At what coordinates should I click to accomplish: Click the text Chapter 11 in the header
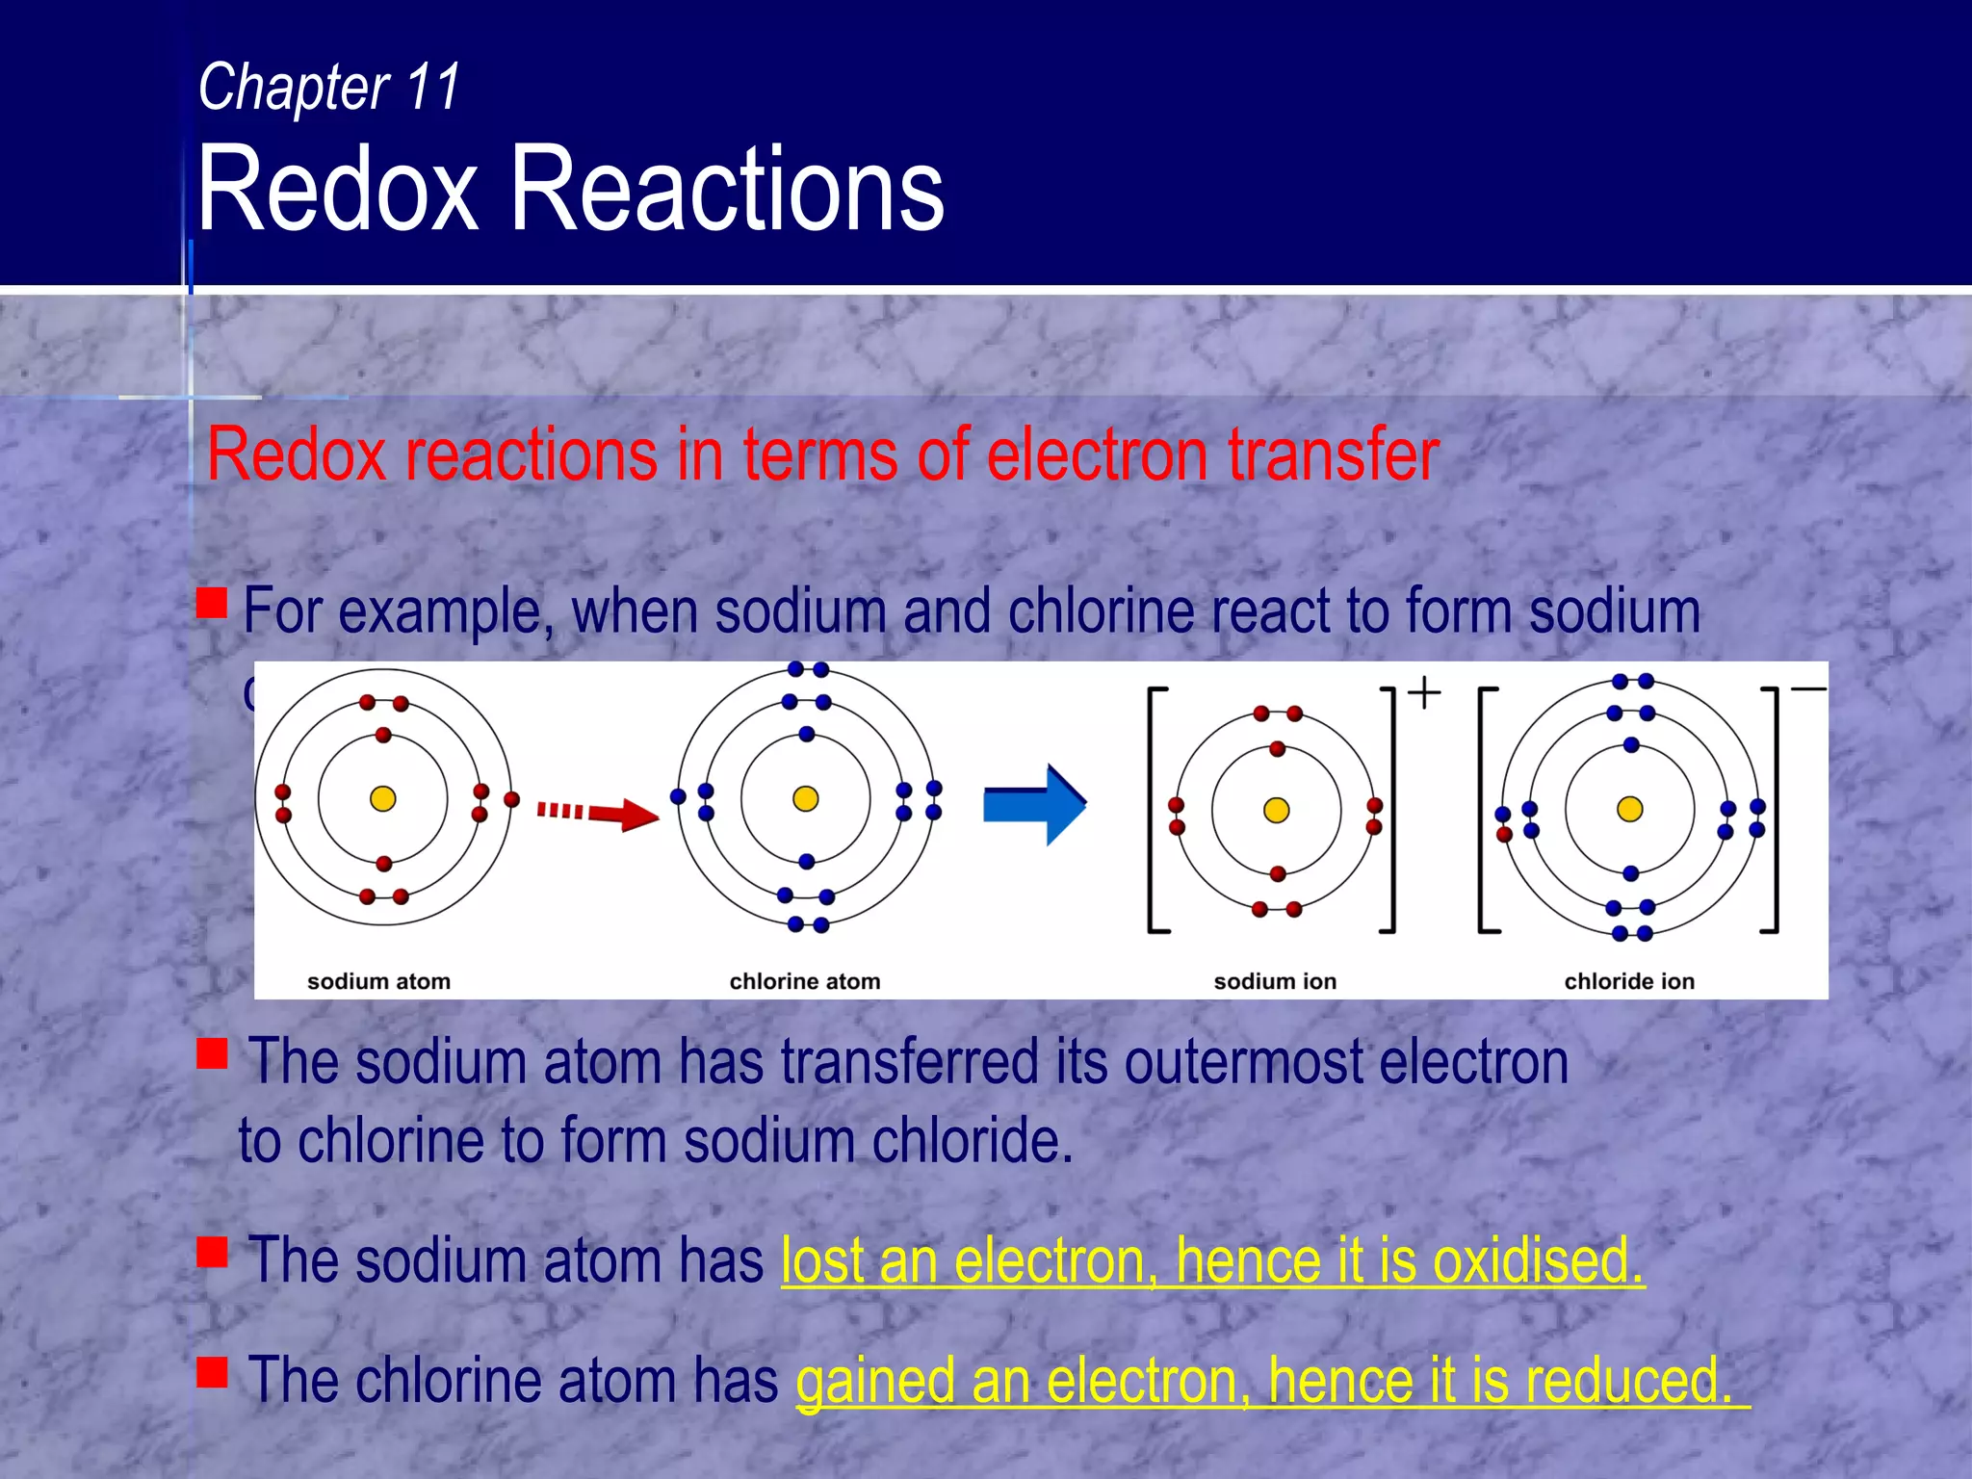click(x=329, y=88)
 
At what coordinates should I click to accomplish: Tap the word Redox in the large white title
click(x=338, y=189)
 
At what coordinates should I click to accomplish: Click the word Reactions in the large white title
click(x=726, y=189)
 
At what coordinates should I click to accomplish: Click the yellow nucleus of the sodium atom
click(x=383, y=798)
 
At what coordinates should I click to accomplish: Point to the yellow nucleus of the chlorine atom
click(x=806, y=798)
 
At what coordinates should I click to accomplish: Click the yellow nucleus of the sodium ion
click(x=1277, y=810)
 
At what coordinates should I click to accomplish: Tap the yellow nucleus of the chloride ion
click(x=1630, y=809)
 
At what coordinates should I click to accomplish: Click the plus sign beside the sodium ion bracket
click(x=1424, y=692)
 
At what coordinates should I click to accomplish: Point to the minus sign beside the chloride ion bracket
click(x=1808, y=688)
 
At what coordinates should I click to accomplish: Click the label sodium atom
click(x=378, y=981)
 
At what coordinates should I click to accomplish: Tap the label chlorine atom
click(x=805, y=981)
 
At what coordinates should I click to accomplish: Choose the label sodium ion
click(x=1275, y=981)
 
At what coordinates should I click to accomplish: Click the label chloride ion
click(x=1629, y=981)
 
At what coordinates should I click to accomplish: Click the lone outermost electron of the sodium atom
click(x=512, y=799)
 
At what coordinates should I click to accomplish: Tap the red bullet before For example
click(x=212, y=603)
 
